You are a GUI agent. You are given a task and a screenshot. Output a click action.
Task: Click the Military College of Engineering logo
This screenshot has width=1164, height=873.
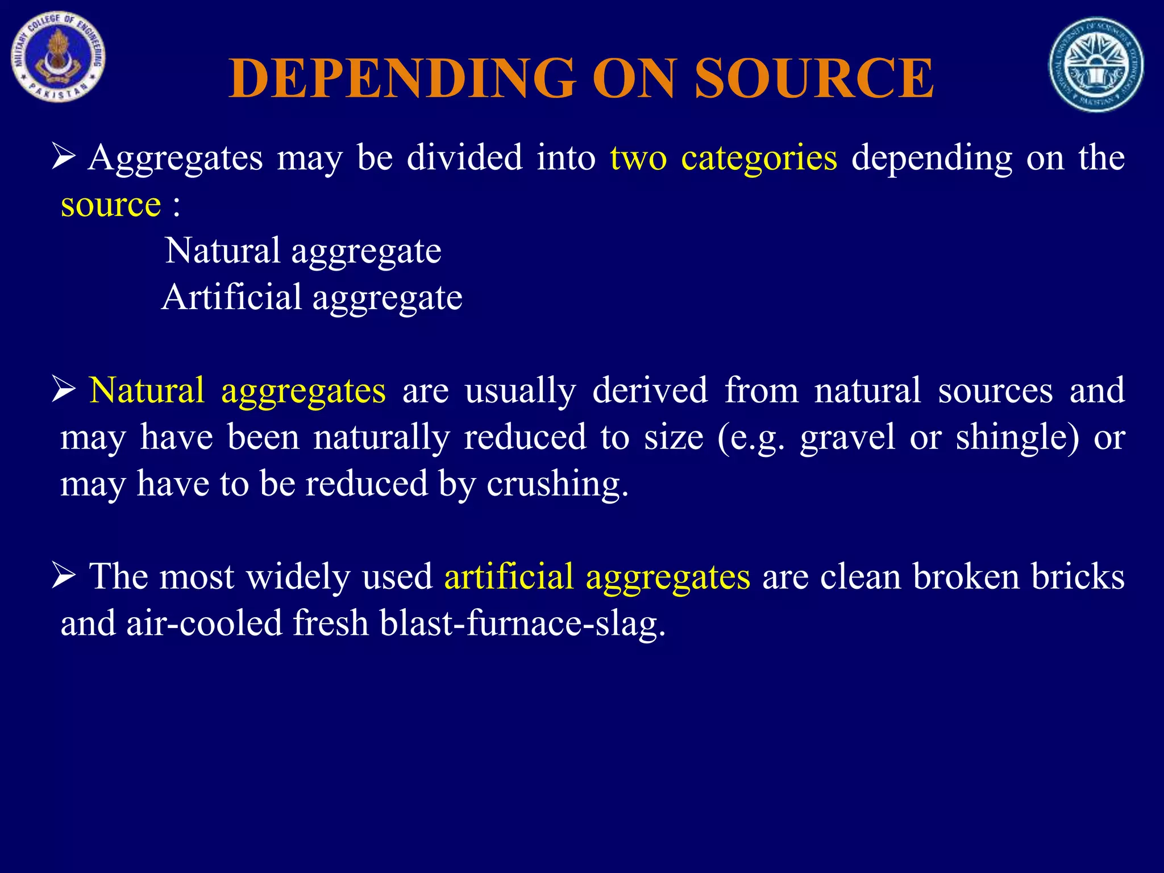click(x=58, y=57)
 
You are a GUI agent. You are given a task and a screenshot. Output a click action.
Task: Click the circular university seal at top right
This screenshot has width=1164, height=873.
click(x=1096, y=64)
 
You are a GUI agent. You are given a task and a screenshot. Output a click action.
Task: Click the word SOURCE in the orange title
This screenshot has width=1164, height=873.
click(x=814, y=78)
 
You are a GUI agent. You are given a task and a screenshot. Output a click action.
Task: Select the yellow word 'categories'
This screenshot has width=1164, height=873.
click(x=759, y=157)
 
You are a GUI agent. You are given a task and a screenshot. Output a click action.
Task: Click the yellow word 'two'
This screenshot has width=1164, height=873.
click(x=638, y=157)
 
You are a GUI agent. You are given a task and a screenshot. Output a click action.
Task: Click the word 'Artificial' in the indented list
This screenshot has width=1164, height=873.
click(x=231, y=297)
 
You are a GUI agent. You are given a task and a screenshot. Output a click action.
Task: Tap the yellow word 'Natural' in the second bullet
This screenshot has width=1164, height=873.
click(x=147, y=390)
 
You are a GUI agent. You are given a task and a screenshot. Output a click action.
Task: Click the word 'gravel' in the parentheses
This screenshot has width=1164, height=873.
click(x=847, y=438)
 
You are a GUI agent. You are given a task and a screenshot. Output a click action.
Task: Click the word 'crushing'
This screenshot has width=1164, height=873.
click(x=557, y=484)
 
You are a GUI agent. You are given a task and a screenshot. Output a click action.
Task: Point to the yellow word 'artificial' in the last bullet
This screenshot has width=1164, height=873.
click(x=509, y=576)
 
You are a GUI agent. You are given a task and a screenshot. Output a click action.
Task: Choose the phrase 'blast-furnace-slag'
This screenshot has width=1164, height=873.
click(x=522, y=623)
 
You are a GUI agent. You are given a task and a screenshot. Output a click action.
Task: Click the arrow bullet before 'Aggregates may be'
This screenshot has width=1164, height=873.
click(x=64, y=156)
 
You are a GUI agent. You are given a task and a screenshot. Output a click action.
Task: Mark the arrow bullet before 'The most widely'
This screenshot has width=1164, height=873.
click(x=64, y=575)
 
